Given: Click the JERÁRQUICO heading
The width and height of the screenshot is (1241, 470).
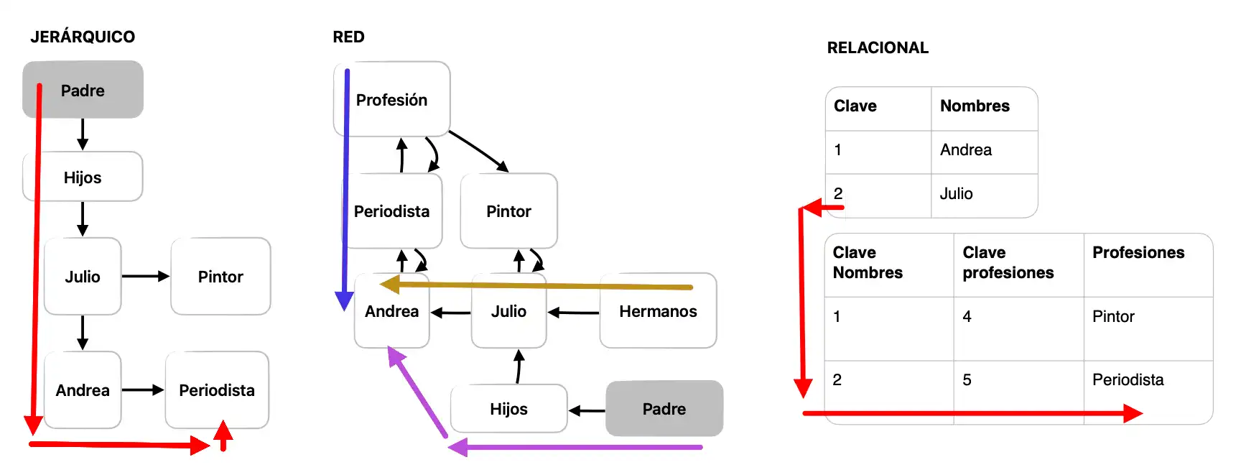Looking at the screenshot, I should pos(83,37).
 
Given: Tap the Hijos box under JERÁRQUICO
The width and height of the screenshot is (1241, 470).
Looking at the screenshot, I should pos(83,177).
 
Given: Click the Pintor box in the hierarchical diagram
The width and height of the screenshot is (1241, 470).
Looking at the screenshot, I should pos(220,277).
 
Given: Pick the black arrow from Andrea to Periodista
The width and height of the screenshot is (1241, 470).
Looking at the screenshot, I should pos(142,390).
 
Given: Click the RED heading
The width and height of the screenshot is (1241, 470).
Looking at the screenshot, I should pos(348,37).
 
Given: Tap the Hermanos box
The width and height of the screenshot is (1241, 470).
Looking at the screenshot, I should pos(658,311).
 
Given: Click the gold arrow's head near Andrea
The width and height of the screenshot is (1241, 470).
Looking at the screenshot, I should pos(388,285).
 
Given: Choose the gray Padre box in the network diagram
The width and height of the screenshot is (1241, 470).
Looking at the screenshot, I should pos(664,409).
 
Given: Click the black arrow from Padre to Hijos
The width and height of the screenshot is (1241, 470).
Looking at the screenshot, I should pos(586,410).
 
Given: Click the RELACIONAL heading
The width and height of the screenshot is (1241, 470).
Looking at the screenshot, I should pos(878,48).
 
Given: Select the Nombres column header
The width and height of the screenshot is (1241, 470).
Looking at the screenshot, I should pos(975,106).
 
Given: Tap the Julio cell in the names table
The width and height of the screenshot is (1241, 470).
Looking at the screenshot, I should pos(956,194).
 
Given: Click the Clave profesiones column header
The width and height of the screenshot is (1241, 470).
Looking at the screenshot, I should pos(1008,262).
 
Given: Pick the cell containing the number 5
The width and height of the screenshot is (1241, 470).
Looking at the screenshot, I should pos(967,380).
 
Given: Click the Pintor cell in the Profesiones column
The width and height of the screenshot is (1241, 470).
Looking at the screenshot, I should pos(1113,317).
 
